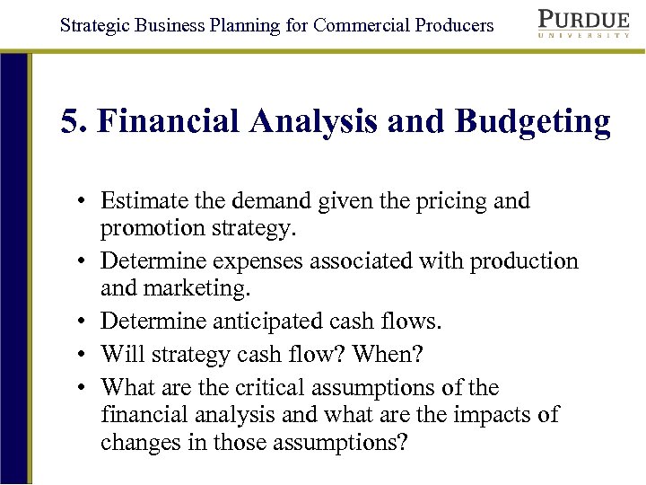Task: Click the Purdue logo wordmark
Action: (x=584, y=19)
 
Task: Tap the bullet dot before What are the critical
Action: (x=81, y=388)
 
